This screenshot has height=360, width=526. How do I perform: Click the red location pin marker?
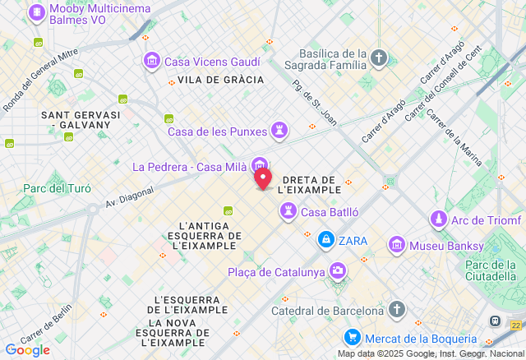263,178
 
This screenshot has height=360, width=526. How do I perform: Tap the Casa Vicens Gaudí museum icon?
151,62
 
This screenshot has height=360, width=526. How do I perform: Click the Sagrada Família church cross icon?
378,58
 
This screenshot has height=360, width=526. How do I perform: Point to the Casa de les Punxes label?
217,132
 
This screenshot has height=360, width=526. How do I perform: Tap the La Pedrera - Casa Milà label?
190,167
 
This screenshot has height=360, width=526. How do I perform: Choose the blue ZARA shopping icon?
326,240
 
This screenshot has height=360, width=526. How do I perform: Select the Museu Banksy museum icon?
397,244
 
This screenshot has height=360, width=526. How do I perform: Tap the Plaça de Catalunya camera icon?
338,270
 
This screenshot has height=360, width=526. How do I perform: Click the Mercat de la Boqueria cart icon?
353,338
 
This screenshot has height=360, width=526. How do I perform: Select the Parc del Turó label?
57,188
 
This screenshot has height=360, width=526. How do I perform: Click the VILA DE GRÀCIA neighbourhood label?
220,80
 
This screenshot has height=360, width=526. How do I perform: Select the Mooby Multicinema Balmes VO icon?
37,13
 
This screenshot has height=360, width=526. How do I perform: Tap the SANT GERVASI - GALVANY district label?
81,119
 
